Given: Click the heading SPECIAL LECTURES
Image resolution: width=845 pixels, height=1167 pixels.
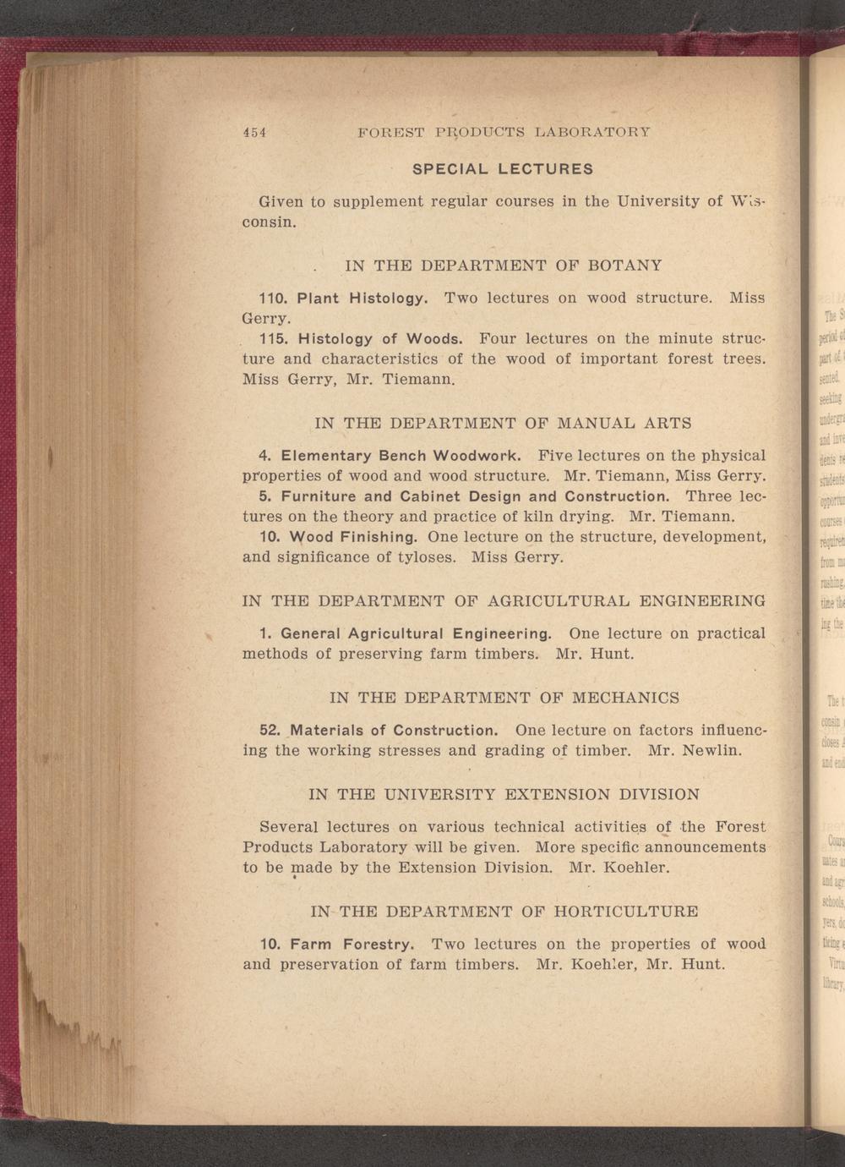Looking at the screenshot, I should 503,168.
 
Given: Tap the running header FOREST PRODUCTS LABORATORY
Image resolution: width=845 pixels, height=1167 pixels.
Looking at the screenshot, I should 504,132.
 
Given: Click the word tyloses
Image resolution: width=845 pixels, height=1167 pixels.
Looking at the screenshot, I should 427,558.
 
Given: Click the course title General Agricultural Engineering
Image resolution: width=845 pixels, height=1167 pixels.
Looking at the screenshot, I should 416,633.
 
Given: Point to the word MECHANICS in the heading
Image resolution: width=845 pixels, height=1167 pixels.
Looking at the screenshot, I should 625,699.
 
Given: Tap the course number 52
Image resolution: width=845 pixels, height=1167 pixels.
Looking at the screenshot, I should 270,730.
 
